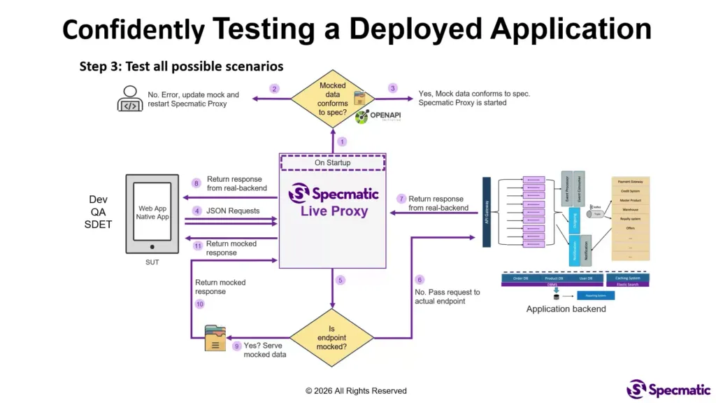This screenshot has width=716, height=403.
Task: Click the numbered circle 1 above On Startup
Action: click(342, 141)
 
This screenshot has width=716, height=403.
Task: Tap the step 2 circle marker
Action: click(275, 89)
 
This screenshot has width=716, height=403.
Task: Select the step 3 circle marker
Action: click(393, 88)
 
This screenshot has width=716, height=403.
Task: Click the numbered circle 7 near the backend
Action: click(401, 199)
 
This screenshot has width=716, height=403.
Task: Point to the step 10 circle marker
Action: click(199, 304)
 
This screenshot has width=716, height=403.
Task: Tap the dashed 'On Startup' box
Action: click(333, 163)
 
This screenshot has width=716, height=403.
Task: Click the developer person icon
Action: click(130, 99)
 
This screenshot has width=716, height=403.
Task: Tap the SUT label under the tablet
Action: click(152, 262)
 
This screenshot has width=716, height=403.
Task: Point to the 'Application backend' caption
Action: click(566, 309)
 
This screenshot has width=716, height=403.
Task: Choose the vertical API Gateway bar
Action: click(487, 212)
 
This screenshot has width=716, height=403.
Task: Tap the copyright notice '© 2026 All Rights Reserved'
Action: click(356, 391)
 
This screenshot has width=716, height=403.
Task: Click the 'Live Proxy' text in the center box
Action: click(334, 211)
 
